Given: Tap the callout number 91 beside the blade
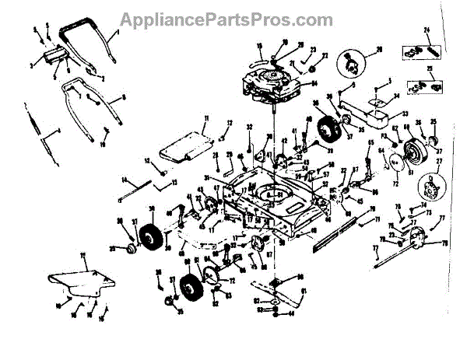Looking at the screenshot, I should pyautogui.click(x=304, y=292).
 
